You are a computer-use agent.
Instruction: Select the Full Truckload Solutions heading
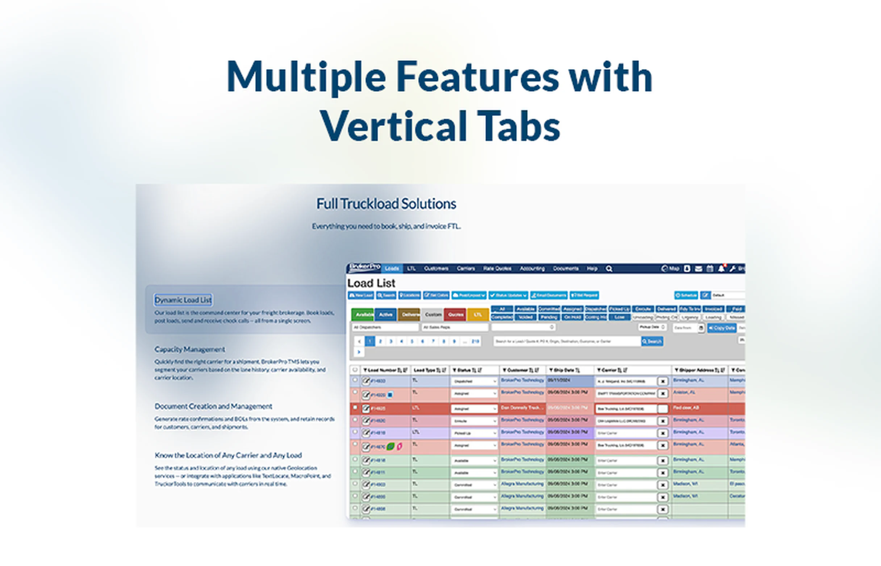pyautogui.click(x=386, y=204)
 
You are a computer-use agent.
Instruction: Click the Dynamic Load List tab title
pyautogui.click(x=183, y=300)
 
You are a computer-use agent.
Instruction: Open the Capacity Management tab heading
pyautogui.click(x=189, y=349)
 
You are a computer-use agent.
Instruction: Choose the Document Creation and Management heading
pyautogui.click(x=213, y=406)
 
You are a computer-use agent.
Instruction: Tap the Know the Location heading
pyautogui.click(x=228, y=455)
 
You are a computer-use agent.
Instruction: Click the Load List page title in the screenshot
pyautogui.click(x=371, y=283)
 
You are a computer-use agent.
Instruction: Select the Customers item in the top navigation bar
pyautogui.click(x=436, y=269)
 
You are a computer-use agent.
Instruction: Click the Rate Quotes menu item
pyautogui.click(x=497, y=269)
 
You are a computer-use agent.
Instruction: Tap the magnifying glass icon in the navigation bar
pyautogui.click(x=609, y=269)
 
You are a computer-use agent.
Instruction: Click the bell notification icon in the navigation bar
pyautogui.click(x=721, y=269)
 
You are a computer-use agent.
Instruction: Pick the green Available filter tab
pyautogui.click(x=363, y=315)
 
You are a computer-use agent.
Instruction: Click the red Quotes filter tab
pyautogui.click(x=455, y=315)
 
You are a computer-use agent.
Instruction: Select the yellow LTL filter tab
pyautogui.click(x=478, y=315)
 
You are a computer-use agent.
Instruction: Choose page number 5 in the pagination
pyautogui.click(x=412, y=341)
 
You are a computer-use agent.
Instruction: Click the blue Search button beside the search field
pyautogui.click(x=652, y=341)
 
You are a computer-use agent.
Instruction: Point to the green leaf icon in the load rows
pyautogui.click(x=391, y=446)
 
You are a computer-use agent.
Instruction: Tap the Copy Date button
pyautogui.click(x=721, y=328)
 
